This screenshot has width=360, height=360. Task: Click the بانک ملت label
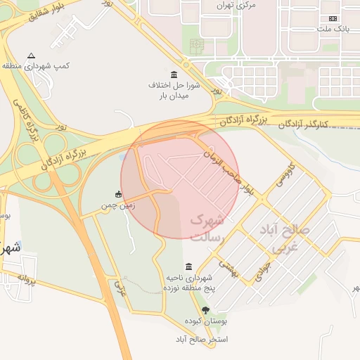[333, 29]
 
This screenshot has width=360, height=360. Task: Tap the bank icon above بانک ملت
[333, 18]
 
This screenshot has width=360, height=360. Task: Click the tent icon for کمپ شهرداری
[30, 56]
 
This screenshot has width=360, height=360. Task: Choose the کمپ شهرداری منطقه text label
[32, 65]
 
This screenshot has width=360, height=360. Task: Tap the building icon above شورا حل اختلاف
[174, 75]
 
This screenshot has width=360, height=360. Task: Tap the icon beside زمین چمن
[118, 195]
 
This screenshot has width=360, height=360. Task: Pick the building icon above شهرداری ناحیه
[188, 266]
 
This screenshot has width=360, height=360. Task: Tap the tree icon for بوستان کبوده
[205, 310]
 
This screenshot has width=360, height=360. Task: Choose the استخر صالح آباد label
[205, 339]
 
